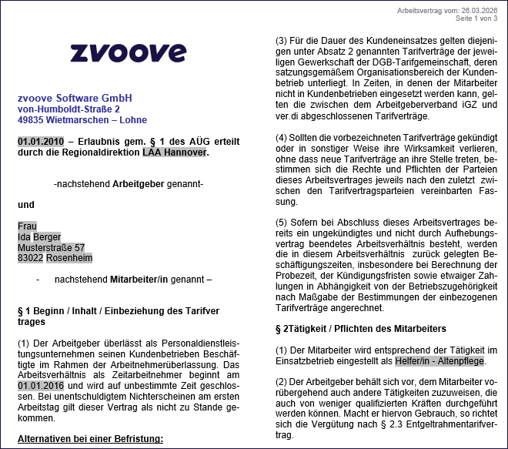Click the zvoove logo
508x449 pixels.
(128, 52)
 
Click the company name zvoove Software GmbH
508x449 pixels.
(75, 99)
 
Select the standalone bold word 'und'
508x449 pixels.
(26, 205)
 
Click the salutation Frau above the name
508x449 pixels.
(28, 226)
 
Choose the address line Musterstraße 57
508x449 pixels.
(51, 248)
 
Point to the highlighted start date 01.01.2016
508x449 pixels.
(41, 385)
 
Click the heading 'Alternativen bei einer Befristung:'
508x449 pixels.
(91, 439)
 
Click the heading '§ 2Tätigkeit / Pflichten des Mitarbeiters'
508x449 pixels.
(360, 329)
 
